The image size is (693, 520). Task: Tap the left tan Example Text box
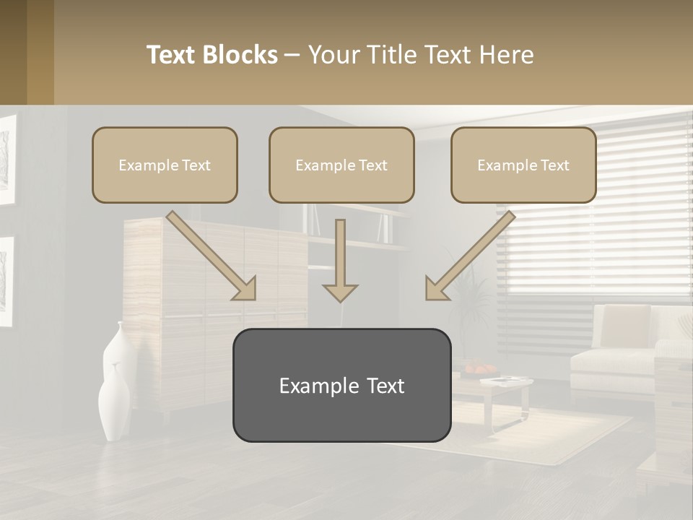[x=165, y=165]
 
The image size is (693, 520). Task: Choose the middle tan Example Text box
[x=341, y=165]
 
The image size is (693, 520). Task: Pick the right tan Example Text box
[x=523, y=165]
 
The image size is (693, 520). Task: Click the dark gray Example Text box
[x=341, y=385]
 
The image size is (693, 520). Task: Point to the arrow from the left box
[x=212, y=256]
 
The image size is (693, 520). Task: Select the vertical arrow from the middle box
[x=340, y=261]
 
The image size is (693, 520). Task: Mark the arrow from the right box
[x=469, y=256]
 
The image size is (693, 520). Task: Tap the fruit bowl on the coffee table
[x=476, y=369]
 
